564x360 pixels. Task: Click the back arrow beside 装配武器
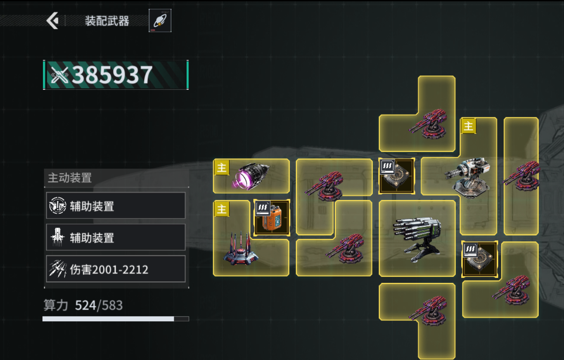click(52, 20)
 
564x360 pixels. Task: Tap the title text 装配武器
click(107, 21)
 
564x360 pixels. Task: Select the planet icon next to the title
click(160, 21)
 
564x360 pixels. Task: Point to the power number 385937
click(112, 75)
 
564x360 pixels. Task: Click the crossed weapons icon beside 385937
click(59, 75)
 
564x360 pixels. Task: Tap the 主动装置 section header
click(70, 178)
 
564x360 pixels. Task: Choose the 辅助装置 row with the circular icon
click(116, 206)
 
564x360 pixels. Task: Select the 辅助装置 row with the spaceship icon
click(116, 237)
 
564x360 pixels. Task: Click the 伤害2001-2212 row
click(116, 269)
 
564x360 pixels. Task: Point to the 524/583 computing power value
click(99, 305)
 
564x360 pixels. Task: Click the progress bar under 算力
click(116, 319)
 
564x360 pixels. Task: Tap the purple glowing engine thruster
click(250, 176)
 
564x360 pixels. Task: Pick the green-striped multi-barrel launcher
click(417, 239)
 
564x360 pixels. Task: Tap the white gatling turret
click(468, 178)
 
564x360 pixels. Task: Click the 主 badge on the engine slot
click(222, 167)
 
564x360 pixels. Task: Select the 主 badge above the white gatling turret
click(468, 126)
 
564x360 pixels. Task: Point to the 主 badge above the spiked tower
click(222, 209)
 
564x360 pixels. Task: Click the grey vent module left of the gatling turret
click(397, 176)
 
